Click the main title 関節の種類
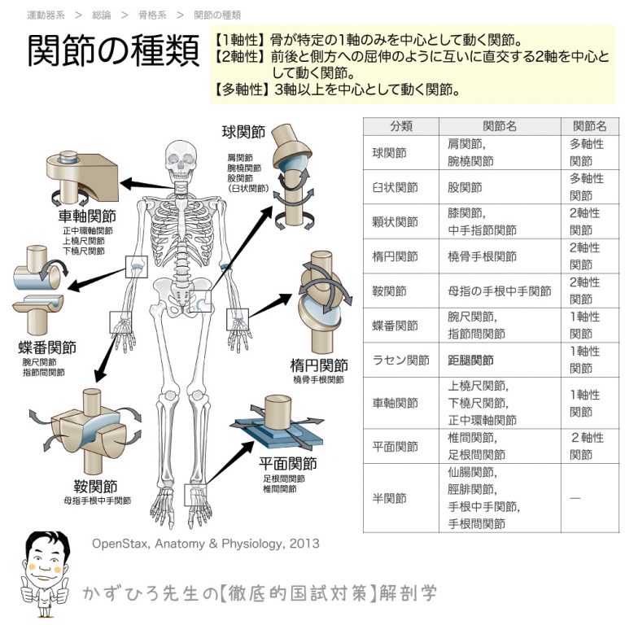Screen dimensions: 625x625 113,52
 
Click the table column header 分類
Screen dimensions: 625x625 400,126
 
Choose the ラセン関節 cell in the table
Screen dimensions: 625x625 400,360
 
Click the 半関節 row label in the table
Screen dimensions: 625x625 389,498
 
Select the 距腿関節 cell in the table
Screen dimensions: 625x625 470,360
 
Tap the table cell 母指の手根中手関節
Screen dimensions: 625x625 499,291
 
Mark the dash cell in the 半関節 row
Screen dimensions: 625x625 575,498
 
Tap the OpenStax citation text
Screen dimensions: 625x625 205,544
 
